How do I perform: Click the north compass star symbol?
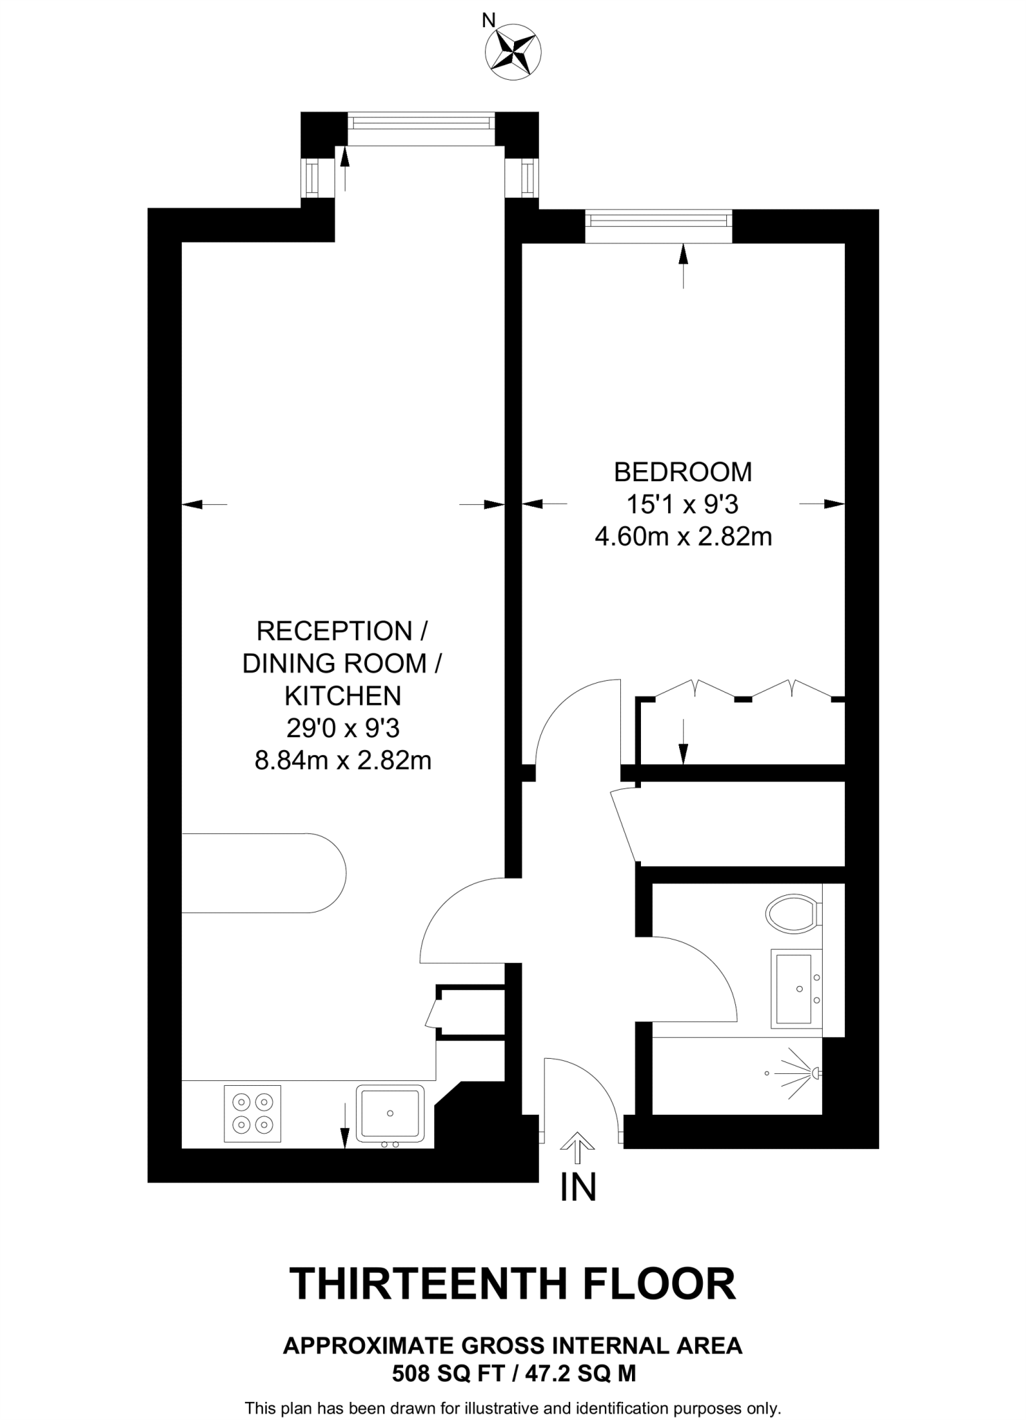[x=513, y=51]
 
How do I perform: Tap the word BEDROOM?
[x=683, y=472]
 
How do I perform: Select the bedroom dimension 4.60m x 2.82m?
[x=683, y=537]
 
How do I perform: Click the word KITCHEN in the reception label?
[x=343, y=695]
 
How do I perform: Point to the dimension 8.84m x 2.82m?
[x=343, y=761]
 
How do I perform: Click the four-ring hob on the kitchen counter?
[x=253, y=1113]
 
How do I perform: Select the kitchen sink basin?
[x=390, y=1113]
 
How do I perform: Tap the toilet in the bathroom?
[x=793, y=915]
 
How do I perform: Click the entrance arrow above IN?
[x=577, y=1148]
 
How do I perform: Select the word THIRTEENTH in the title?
[x=430, y=1283]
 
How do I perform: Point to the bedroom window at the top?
[x=658, y=220]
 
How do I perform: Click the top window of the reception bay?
[x=421, y=123]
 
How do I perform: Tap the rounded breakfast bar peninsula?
[x=264, y=873]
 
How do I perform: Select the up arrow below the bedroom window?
[x=683, y=264]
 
